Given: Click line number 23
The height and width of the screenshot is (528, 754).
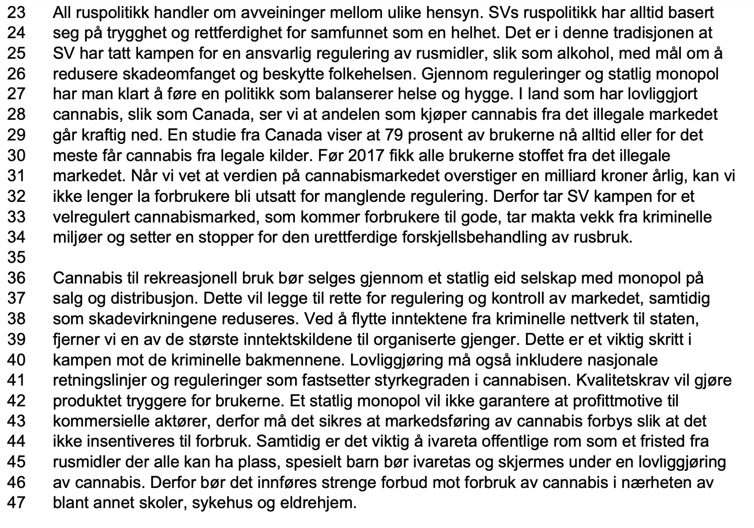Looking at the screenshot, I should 16,13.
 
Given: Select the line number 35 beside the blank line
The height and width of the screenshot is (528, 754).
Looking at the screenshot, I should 16,258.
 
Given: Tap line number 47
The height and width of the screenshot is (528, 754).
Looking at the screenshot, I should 16,503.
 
